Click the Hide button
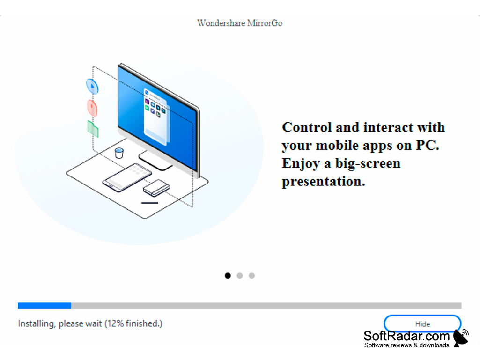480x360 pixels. (422, 323)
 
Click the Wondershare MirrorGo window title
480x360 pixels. (240, 23)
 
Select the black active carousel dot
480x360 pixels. (228, 276)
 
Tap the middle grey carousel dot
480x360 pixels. (240, 276)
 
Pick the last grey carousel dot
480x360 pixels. (251, 276)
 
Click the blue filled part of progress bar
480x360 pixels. (44, 306)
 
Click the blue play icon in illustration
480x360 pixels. (92, 86)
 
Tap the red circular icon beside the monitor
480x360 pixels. (92, 108)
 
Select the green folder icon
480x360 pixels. (93, 129)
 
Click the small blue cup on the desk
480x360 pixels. (119, 153)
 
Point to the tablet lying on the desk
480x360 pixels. (127, 177)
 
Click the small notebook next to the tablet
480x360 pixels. (156, 187)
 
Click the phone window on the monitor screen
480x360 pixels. (156, 116)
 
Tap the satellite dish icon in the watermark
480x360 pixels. (461, 338)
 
